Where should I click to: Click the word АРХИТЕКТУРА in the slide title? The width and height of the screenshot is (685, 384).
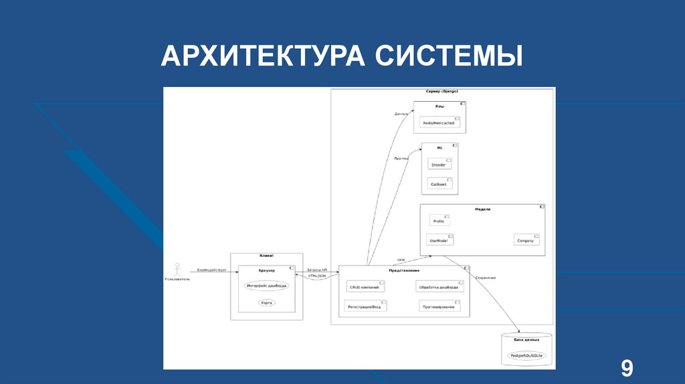[263, 56]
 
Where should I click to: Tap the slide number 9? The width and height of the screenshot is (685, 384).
[627, 369]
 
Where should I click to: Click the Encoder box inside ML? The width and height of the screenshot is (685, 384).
[439, 164]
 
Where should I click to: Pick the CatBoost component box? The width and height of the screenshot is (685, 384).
[439, 183]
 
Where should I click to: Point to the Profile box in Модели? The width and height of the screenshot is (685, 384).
[439, 220]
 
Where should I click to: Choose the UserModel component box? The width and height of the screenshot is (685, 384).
[439, 239]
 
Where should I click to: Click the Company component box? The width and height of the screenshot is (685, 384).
[526, 239]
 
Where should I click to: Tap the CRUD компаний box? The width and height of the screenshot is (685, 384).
[365, 286]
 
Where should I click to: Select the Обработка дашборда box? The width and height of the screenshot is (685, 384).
[439, 286]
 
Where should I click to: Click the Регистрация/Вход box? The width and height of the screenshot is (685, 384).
[365, 306]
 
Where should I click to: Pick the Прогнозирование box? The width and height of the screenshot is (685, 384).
[439, 306]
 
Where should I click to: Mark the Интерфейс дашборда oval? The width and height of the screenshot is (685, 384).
[267, 286]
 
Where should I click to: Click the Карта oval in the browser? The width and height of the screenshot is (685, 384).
[267, 303]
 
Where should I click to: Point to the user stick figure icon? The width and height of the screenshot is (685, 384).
[177, 269]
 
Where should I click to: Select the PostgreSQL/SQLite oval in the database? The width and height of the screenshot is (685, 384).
[527, 355]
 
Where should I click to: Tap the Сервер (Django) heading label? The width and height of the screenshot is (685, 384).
[442, 91]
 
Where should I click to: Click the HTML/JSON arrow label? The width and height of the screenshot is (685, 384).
[317, 276]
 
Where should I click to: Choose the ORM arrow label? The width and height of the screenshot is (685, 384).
[401, 260]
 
